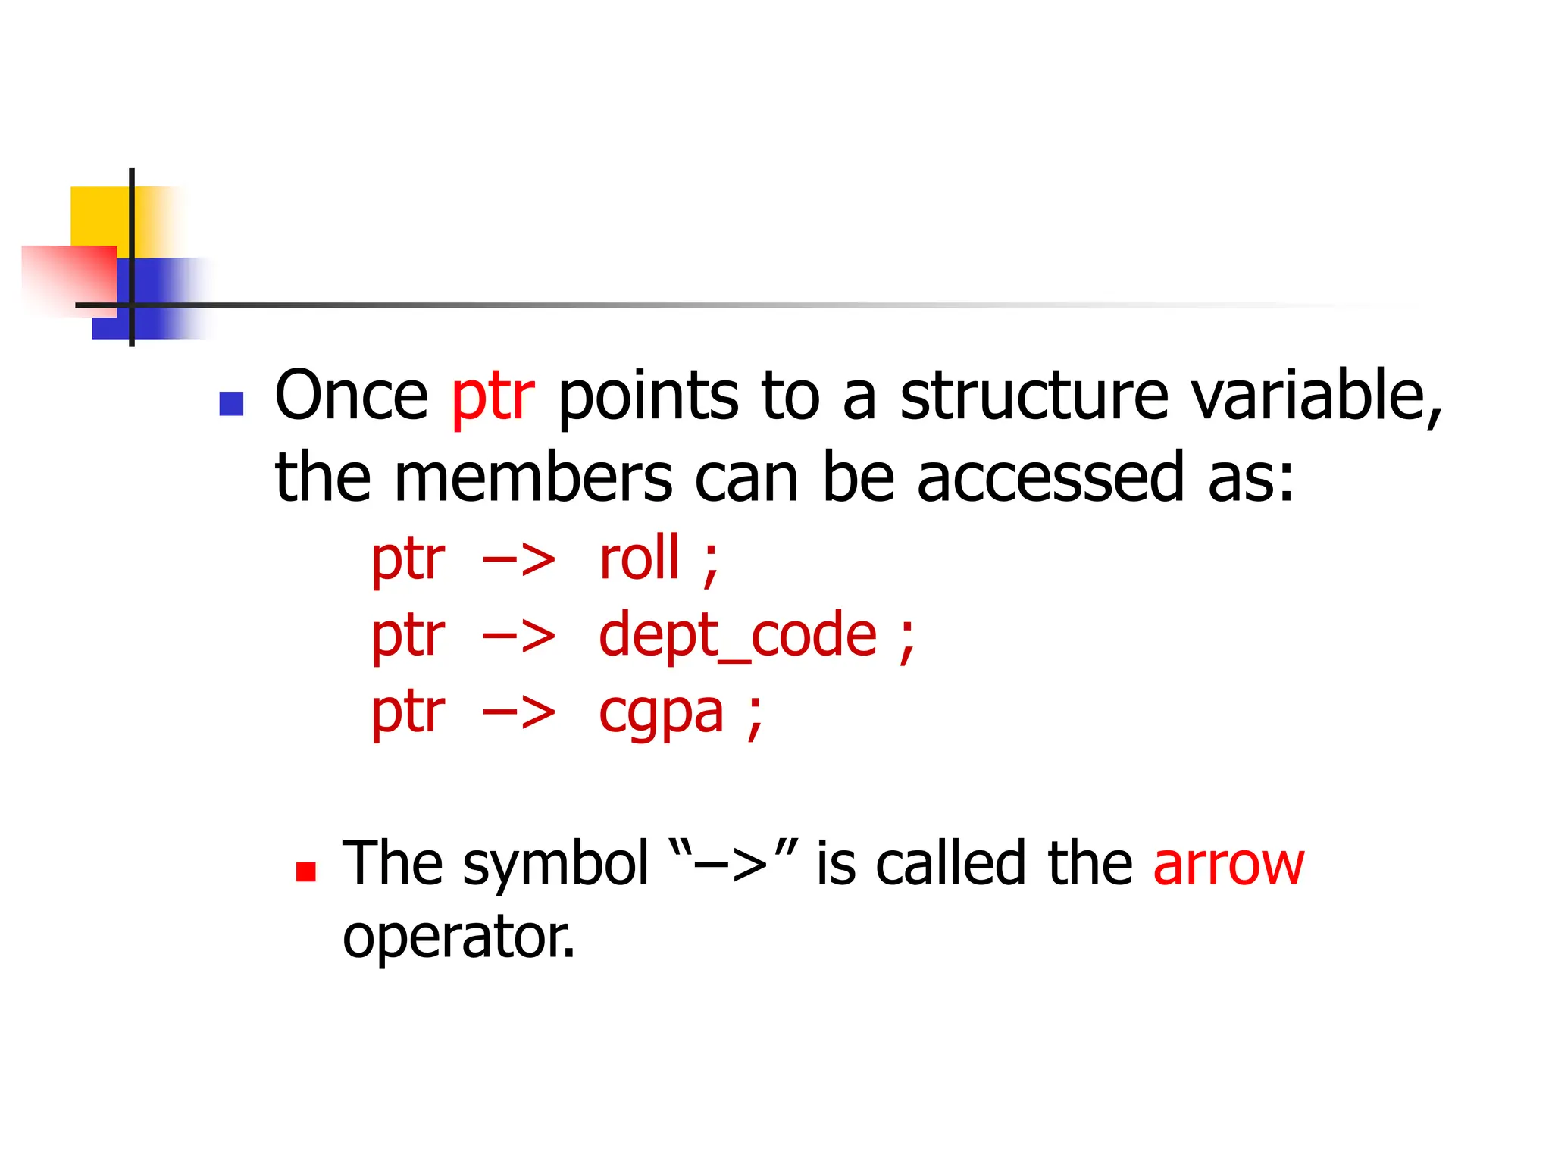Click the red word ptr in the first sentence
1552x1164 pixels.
(x=493, y=397)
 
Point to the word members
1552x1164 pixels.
(x=533, y=478)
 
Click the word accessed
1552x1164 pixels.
(x=1050, y=478)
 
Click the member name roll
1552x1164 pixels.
(x=640, y=559)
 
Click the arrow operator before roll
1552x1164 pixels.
(x=519, y=561)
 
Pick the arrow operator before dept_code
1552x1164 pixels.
(x=519, y=637)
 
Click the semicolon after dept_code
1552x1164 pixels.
(x=906, y=640)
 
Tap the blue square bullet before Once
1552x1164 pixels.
(x=231, y=404)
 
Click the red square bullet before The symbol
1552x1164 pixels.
(x=306, y=872)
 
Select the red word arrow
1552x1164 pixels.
(x=1228, y=864)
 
